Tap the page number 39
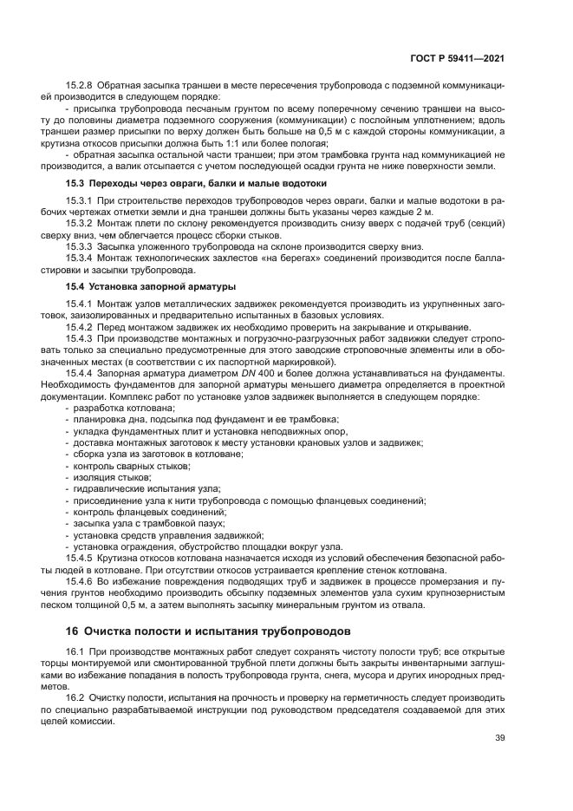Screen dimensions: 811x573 499,738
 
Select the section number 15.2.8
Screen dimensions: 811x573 81,88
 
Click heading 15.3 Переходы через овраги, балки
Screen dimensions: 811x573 196,184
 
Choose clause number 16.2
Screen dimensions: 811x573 76,697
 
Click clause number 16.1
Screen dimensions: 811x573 76,651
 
